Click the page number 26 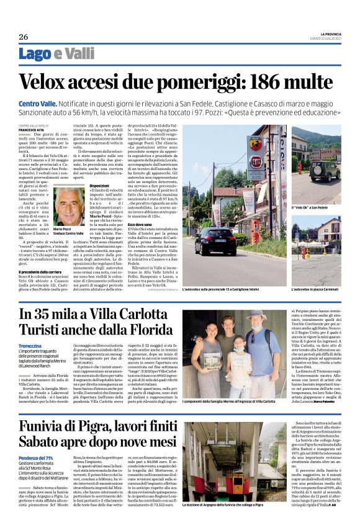pyautogui.click(x=22, y=35)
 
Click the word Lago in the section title pyautogui.click(x=35, y=55)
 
